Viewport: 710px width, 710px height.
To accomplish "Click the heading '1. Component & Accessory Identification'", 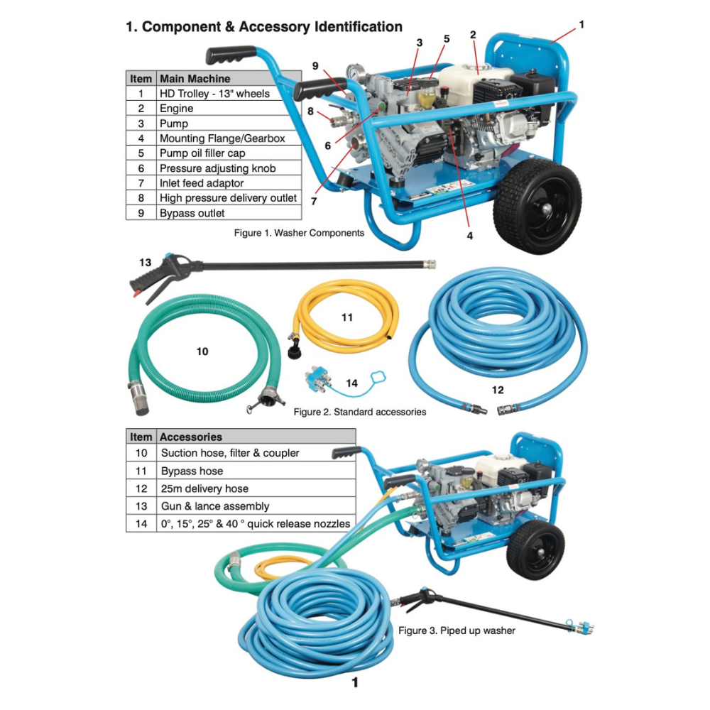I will (x=263, y=27).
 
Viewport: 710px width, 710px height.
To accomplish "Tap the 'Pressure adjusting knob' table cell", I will (x=217, y=168).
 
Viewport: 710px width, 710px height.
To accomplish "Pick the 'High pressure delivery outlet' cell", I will (x=228, y=198).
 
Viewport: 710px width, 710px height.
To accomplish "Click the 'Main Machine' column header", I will (x=195, y=79).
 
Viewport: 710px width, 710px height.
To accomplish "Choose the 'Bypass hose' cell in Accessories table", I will (x=192, y=471).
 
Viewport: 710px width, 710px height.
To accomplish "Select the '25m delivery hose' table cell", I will (x=204, y=488).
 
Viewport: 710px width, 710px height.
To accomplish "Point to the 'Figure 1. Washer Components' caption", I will (x=299, y=233).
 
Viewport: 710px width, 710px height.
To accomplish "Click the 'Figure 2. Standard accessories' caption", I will (x=359, y=412).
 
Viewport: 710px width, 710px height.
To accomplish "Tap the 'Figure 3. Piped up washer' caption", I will (x=457, y=630).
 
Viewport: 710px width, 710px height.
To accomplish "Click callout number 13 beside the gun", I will (x=145, y=262).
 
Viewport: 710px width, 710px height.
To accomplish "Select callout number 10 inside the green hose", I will (x=202, y=351).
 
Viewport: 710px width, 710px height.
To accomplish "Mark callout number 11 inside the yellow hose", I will (x=346, y=317).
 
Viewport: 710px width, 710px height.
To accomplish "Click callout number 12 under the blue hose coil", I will (x=497, y=389).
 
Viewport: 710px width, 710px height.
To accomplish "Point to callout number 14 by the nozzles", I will (x=351, y=383).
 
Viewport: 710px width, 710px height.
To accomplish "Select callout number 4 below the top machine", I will (x=469, y=236).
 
